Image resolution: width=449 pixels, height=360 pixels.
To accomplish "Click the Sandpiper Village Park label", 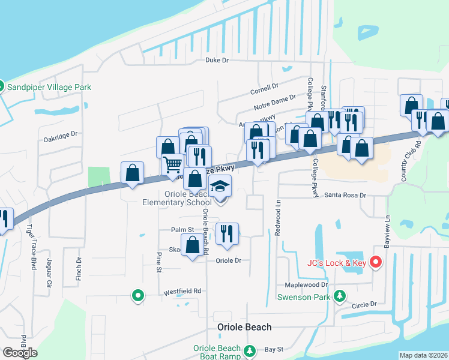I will (x=49, y=87).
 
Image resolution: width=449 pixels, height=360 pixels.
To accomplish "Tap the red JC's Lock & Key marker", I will (x=376, y=262).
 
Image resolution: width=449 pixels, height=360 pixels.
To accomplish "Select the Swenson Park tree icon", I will (x=340, y=296).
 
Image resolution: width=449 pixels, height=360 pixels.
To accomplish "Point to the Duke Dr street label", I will (x=217, y=61).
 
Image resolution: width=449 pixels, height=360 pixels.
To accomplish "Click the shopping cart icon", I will (x=172, y=163).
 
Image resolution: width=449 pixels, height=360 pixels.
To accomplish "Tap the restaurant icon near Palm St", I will (x=226, y=233).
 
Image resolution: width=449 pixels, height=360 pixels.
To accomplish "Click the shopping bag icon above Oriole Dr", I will (x=192, y=245).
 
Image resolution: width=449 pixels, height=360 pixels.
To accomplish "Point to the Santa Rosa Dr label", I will (x=345, y=196).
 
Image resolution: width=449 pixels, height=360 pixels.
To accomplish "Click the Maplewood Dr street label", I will (x=307, y=285).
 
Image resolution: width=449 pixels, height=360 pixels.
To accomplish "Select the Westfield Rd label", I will (x=182, y=292).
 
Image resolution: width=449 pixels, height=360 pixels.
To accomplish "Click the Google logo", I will (x=20, y=353).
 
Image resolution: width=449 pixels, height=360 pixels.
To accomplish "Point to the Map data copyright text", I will (x=423, y=355).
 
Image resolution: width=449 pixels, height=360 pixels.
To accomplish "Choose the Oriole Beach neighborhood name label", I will (x=244, y=328).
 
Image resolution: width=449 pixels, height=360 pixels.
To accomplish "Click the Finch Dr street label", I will (x=79, y=269).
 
